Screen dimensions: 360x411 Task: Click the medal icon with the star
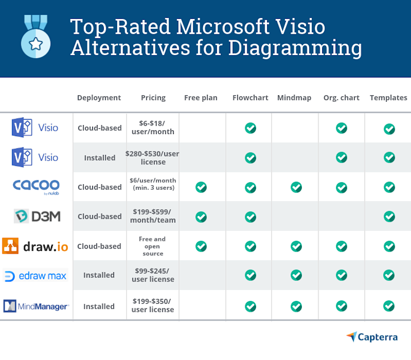36,37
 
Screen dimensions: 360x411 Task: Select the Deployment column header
99,98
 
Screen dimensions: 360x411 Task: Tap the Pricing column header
153,98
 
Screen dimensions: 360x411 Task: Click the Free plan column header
201,98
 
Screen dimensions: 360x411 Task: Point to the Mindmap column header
294,98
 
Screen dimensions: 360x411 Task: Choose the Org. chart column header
341,98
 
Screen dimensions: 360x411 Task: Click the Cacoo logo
36,187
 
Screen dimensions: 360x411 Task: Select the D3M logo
36,216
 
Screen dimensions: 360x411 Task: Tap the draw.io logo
36,246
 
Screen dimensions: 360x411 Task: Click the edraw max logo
36,276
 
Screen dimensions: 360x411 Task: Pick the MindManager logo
36,306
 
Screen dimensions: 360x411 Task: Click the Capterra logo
372,337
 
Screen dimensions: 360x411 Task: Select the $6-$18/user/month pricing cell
153,128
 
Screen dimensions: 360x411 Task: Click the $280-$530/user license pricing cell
153,157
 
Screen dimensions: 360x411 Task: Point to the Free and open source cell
153,246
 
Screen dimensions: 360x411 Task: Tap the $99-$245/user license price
153,275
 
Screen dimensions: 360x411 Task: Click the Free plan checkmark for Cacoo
201,187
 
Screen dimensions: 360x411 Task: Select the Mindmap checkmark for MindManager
296,306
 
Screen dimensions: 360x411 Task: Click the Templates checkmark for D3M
389,216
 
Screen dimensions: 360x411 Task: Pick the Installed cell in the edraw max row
99,275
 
